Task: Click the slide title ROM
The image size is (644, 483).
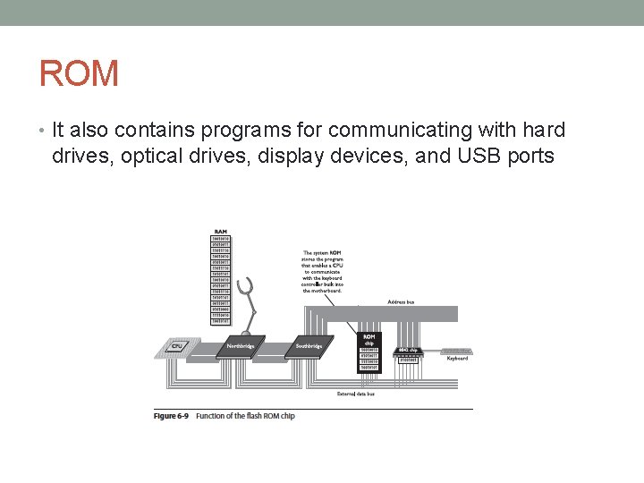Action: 79,73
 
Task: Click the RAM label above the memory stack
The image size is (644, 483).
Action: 220,232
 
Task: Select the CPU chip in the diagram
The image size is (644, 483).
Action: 177,347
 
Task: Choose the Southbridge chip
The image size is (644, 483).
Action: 309,347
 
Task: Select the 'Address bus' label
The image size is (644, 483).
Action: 400,302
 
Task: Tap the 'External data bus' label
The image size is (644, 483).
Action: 355,394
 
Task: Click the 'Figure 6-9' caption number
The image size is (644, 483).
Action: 172,416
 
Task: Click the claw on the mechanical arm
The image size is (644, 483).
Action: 252,288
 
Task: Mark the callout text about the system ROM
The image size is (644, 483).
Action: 322,271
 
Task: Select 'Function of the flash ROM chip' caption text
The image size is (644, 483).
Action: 245,416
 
